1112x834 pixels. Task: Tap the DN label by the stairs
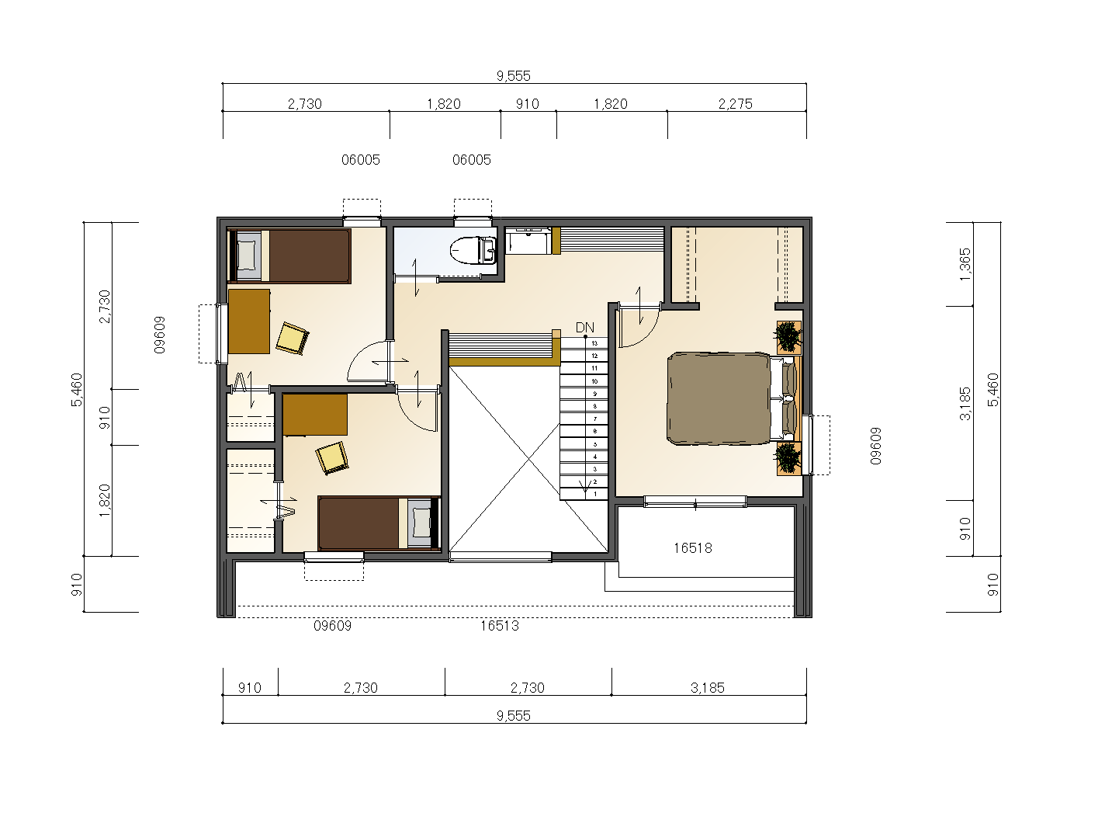coord(584,328)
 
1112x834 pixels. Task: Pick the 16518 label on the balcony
coord(692,548)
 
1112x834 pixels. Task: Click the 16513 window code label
coord(500,626)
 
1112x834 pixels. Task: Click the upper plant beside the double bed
coord(788,337)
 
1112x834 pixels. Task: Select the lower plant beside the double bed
coord(788,458)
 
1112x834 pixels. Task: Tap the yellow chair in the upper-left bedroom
coord(293,338)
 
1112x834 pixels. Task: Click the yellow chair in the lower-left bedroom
coord(332,458)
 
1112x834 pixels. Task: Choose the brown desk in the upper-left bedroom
coord(249,321)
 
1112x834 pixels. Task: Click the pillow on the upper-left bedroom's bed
coord(247,256)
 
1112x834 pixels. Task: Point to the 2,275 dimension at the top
coord(735,104)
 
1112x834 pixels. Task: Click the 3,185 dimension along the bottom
coord(707,688)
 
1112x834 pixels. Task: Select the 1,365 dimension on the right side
coord(965,264)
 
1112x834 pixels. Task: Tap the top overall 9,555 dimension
coord(513,76)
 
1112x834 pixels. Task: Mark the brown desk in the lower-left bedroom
coord(314,415)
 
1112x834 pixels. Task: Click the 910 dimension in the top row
coord(528,104)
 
